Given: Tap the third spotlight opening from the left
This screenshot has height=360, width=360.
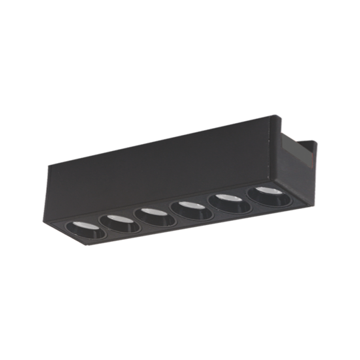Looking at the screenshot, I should (155, 216).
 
